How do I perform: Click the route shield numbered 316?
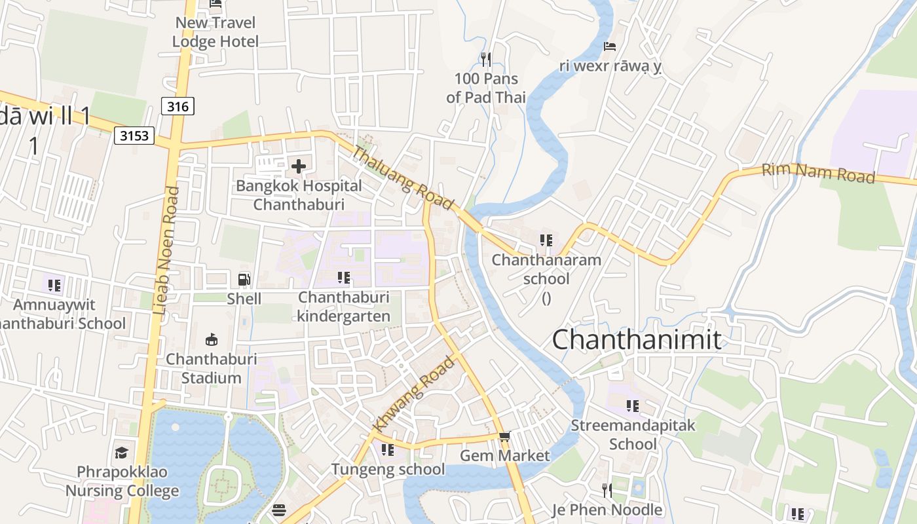point(178,105)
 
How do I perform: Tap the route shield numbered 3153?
point(134,136)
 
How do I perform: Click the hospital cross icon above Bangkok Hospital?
point(299,166)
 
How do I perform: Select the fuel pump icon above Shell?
point(244,280)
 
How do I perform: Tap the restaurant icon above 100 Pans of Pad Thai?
point(485,60)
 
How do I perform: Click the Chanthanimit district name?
point(636,340)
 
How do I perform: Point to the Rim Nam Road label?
point(818,174)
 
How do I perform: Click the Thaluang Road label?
point(403,178)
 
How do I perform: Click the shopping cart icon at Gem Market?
point(504,436)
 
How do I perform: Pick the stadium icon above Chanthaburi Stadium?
point(211,340)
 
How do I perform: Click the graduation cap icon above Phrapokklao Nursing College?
point(121,453)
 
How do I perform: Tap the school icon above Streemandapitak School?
point(632,406)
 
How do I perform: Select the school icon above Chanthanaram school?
point(546,240)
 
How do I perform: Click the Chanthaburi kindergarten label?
point(343,307)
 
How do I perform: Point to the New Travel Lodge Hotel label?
point(215,32)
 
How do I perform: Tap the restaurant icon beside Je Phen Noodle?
point(607,490)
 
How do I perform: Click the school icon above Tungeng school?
point(388,450)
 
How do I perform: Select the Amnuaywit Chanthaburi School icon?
point(54,285)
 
